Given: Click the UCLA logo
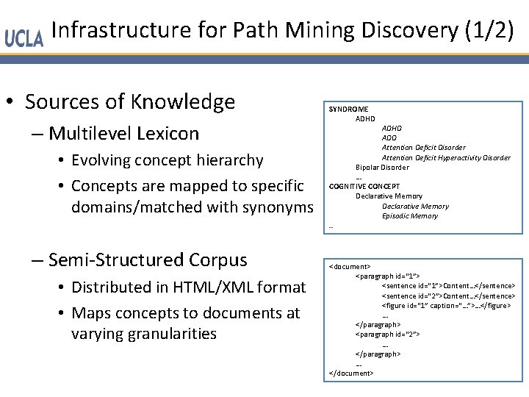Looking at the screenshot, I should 24,37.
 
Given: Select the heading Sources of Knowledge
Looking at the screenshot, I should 130,101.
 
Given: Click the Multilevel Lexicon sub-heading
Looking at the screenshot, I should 123,133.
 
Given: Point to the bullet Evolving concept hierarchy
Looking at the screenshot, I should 167,160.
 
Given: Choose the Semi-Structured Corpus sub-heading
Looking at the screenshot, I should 147,260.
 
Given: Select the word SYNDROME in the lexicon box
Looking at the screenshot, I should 348,109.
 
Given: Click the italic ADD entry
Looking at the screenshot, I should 389,137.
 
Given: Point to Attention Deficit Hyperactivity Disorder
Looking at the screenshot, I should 446,157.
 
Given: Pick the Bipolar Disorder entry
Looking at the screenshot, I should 382,167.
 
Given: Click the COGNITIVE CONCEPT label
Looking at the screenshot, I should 364,186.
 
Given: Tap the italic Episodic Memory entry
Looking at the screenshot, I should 410,216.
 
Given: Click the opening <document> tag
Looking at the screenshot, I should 350,266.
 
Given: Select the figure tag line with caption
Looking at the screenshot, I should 446,305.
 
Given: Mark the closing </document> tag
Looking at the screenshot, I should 351,373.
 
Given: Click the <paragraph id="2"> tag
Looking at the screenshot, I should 387,334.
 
